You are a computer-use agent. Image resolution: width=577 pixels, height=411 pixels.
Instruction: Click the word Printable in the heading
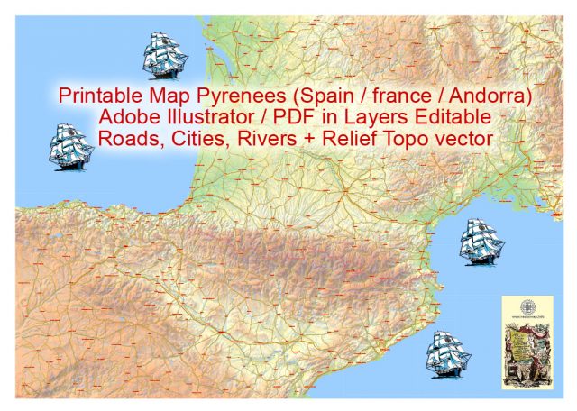96,95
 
